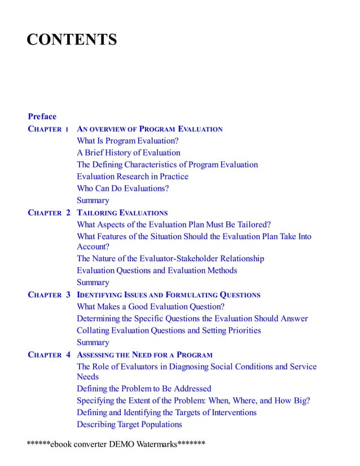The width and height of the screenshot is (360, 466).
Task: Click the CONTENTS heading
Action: coord(72,40)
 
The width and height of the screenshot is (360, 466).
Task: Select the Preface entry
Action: coord(42,117)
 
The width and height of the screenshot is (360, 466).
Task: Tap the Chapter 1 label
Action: coord(49,129)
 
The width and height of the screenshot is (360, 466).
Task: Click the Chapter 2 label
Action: coord(49,213)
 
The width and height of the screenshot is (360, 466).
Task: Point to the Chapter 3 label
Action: coord(49,294)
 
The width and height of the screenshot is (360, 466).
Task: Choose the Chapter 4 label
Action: coord(49,355)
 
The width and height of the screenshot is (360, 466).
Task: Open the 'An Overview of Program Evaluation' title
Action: coord(150,129)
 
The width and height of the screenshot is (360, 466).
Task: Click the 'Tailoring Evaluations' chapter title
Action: coord(122,213)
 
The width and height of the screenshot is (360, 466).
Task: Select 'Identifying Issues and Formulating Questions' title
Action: coord(168,294)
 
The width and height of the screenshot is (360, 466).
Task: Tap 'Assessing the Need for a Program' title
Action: coord(144,355)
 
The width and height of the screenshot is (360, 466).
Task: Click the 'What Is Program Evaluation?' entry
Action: coord(128,141)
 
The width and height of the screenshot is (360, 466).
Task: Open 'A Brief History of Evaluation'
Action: coord(129,153)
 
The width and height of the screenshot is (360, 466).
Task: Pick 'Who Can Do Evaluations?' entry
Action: coord(123,188)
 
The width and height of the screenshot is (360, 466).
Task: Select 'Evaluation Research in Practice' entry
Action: coord(133,177)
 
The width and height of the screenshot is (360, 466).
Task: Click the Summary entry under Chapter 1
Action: coord(93,200)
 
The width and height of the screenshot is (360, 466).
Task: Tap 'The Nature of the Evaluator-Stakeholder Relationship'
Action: coord(170,258)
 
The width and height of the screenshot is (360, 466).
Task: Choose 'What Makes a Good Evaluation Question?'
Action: coord(151,306)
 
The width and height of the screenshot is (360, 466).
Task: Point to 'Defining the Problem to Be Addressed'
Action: coord(144,389)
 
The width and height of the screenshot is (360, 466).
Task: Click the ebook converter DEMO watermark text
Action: coord(116,444)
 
